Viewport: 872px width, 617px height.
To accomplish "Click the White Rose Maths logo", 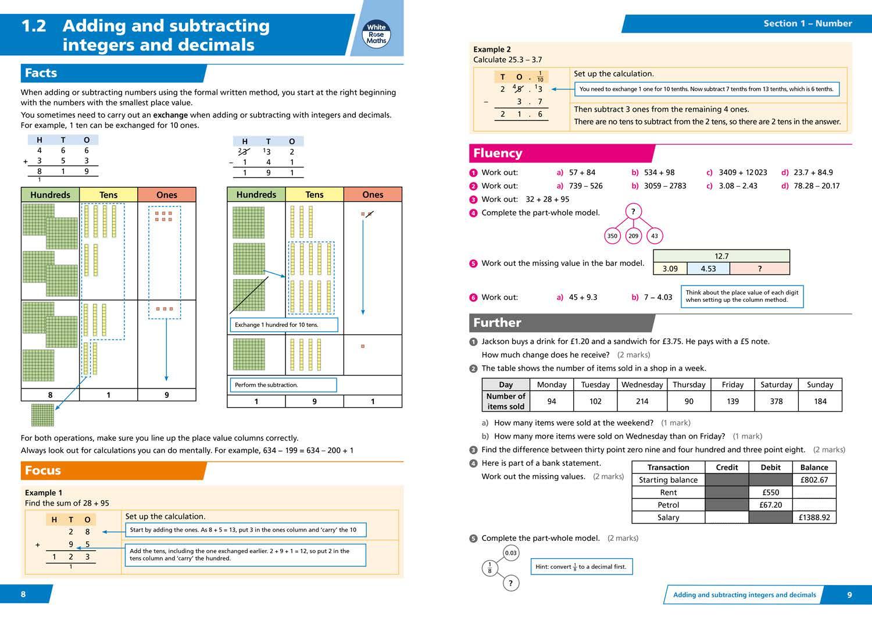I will coord(376,34).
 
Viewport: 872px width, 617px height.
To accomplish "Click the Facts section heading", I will coord(41,73).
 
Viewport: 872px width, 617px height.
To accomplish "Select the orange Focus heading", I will coord(43,470).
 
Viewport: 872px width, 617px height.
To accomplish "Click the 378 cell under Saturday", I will coord(776,401).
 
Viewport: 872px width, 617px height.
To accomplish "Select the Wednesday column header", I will coord(642,384).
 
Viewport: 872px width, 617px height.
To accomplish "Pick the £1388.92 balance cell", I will coord(814,517).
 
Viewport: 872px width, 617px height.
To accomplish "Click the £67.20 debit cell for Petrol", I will coord(770,505).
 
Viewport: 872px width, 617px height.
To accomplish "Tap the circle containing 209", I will coord(633,236).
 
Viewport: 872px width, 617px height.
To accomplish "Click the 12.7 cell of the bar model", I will coord(721,256).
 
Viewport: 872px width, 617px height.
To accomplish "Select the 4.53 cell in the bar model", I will coord(708,269).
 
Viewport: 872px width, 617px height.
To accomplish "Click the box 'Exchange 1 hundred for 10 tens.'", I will coord(284,324).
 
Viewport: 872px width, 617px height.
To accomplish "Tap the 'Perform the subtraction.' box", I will coord(282,385).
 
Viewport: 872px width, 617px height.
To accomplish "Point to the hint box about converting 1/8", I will coord(581,566).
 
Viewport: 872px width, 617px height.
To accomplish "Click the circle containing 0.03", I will coord(510,553).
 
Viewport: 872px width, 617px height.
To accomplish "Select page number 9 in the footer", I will coord(849,595).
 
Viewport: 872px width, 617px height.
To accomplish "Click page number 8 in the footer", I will coord(23,594).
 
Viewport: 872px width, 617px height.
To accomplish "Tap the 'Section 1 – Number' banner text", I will coord(807,23).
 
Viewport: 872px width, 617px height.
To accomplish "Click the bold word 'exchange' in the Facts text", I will coord(170,115).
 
